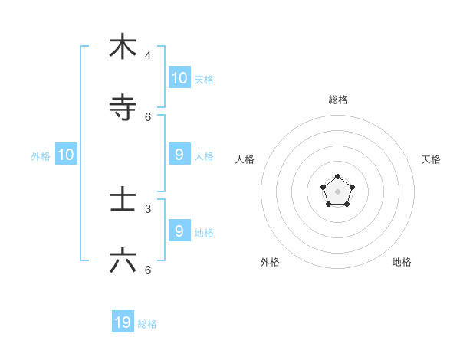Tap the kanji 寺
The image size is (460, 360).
pyautogui.click(x=123, y=108)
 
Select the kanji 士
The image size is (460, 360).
pyautogui.click(x=123, y=200)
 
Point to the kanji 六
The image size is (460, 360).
pyautogui.click(x=123, y=261)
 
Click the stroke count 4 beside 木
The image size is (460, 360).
pyautogui.click(x=148, y=56)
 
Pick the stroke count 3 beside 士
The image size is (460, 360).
pyautogui.click(x=148, y=208)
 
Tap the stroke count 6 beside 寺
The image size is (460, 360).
pyautogui.click(x=148, y=117)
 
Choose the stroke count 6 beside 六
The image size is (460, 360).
pyautogui.click(x=148, y=270)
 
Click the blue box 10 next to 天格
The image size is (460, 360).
pyautogui.click(x=179, y=77)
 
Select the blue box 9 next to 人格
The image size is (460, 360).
pyautogui.click(x=179, y=155)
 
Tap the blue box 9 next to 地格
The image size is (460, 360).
pyautogui.click(x=179, y=231)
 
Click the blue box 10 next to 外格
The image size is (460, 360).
pyautogui.click(x=66, y=155)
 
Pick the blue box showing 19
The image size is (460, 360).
pyautogui.click(x=123, y=322)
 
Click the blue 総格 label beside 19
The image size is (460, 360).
pyautogui.click(x=147, y=324)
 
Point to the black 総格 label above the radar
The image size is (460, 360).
pyautogui.click(x=338, y=100)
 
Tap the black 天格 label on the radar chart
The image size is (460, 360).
pyautogui.click(x=431, y=159)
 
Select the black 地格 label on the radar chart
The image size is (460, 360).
pyautogui.click(x=402, y=262)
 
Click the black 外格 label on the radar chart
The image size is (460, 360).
pyautogui.click(x=270, y=262)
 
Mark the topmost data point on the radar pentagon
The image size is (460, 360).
pyautogui.click(x=337, y=177)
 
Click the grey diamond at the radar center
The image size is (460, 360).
pyautogui.click(x=337, y=191)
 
